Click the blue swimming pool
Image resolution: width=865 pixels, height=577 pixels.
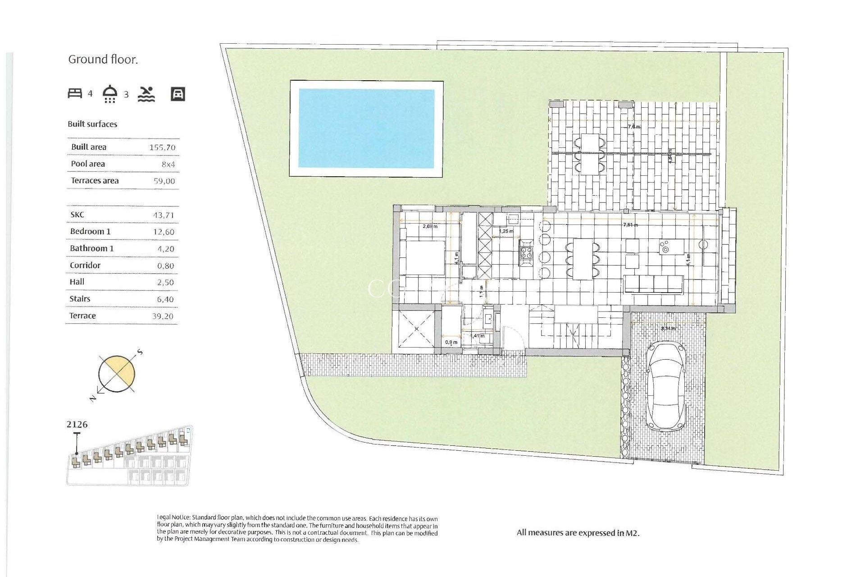click(x=366, y=128)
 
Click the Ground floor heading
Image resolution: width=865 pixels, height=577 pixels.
click(x=103, y=60)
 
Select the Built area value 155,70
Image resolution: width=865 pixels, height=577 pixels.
click(x=162, y=147)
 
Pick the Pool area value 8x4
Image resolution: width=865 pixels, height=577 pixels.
click(x=168, y=165)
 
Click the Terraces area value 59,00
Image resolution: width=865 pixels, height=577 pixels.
click(x=164, y=181)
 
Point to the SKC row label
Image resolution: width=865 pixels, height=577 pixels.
click(x=77, y=215)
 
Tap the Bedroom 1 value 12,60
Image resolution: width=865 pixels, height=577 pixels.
click(x=164, y=232)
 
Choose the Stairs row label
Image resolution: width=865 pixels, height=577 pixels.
click(x=80, y=299)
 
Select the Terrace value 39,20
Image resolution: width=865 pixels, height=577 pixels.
click(x=163, y=316)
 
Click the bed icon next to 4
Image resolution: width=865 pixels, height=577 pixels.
click(x=75, y=93)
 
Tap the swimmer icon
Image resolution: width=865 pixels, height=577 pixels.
click(x=146, y=94)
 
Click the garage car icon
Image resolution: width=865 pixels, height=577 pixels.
click(x=178, y=94)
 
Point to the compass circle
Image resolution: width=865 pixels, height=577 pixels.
click(x=116, y=374)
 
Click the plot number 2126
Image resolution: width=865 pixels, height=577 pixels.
click(x=77, y=425)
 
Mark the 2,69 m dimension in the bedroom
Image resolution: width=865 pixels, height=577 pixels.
click(x=430, y=226)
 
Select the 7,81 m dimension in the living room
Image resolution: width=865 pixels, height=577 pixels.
click(x=630, y=224)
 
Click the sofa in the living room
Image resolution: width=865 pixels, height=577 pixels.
click(x=653, y=284)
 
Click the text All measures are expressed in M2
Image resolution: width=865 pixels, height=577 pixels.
click(x=578, y=533)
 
